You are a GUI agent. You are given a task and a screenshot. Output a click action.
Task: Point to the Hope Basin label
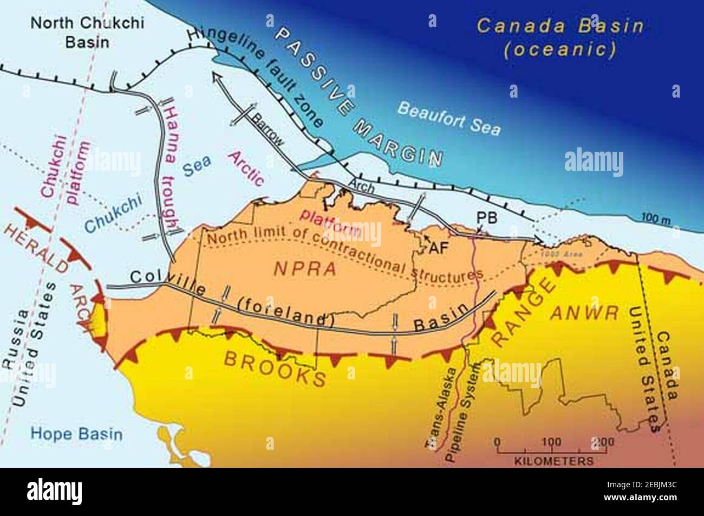(x=76, y=434)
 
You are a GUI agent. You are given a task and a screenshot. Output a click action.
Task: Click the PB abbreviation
(x=486, y=217)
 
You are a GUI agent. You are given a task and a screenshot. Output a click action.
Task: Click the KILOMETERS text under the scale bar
(x=553, y=461)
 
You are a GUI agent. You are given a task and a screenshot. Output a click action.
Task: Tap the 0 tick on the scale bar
(x=498, y=442)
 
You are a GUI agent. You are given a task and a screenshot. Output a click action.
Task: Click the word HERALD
(x=35, y=248)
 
